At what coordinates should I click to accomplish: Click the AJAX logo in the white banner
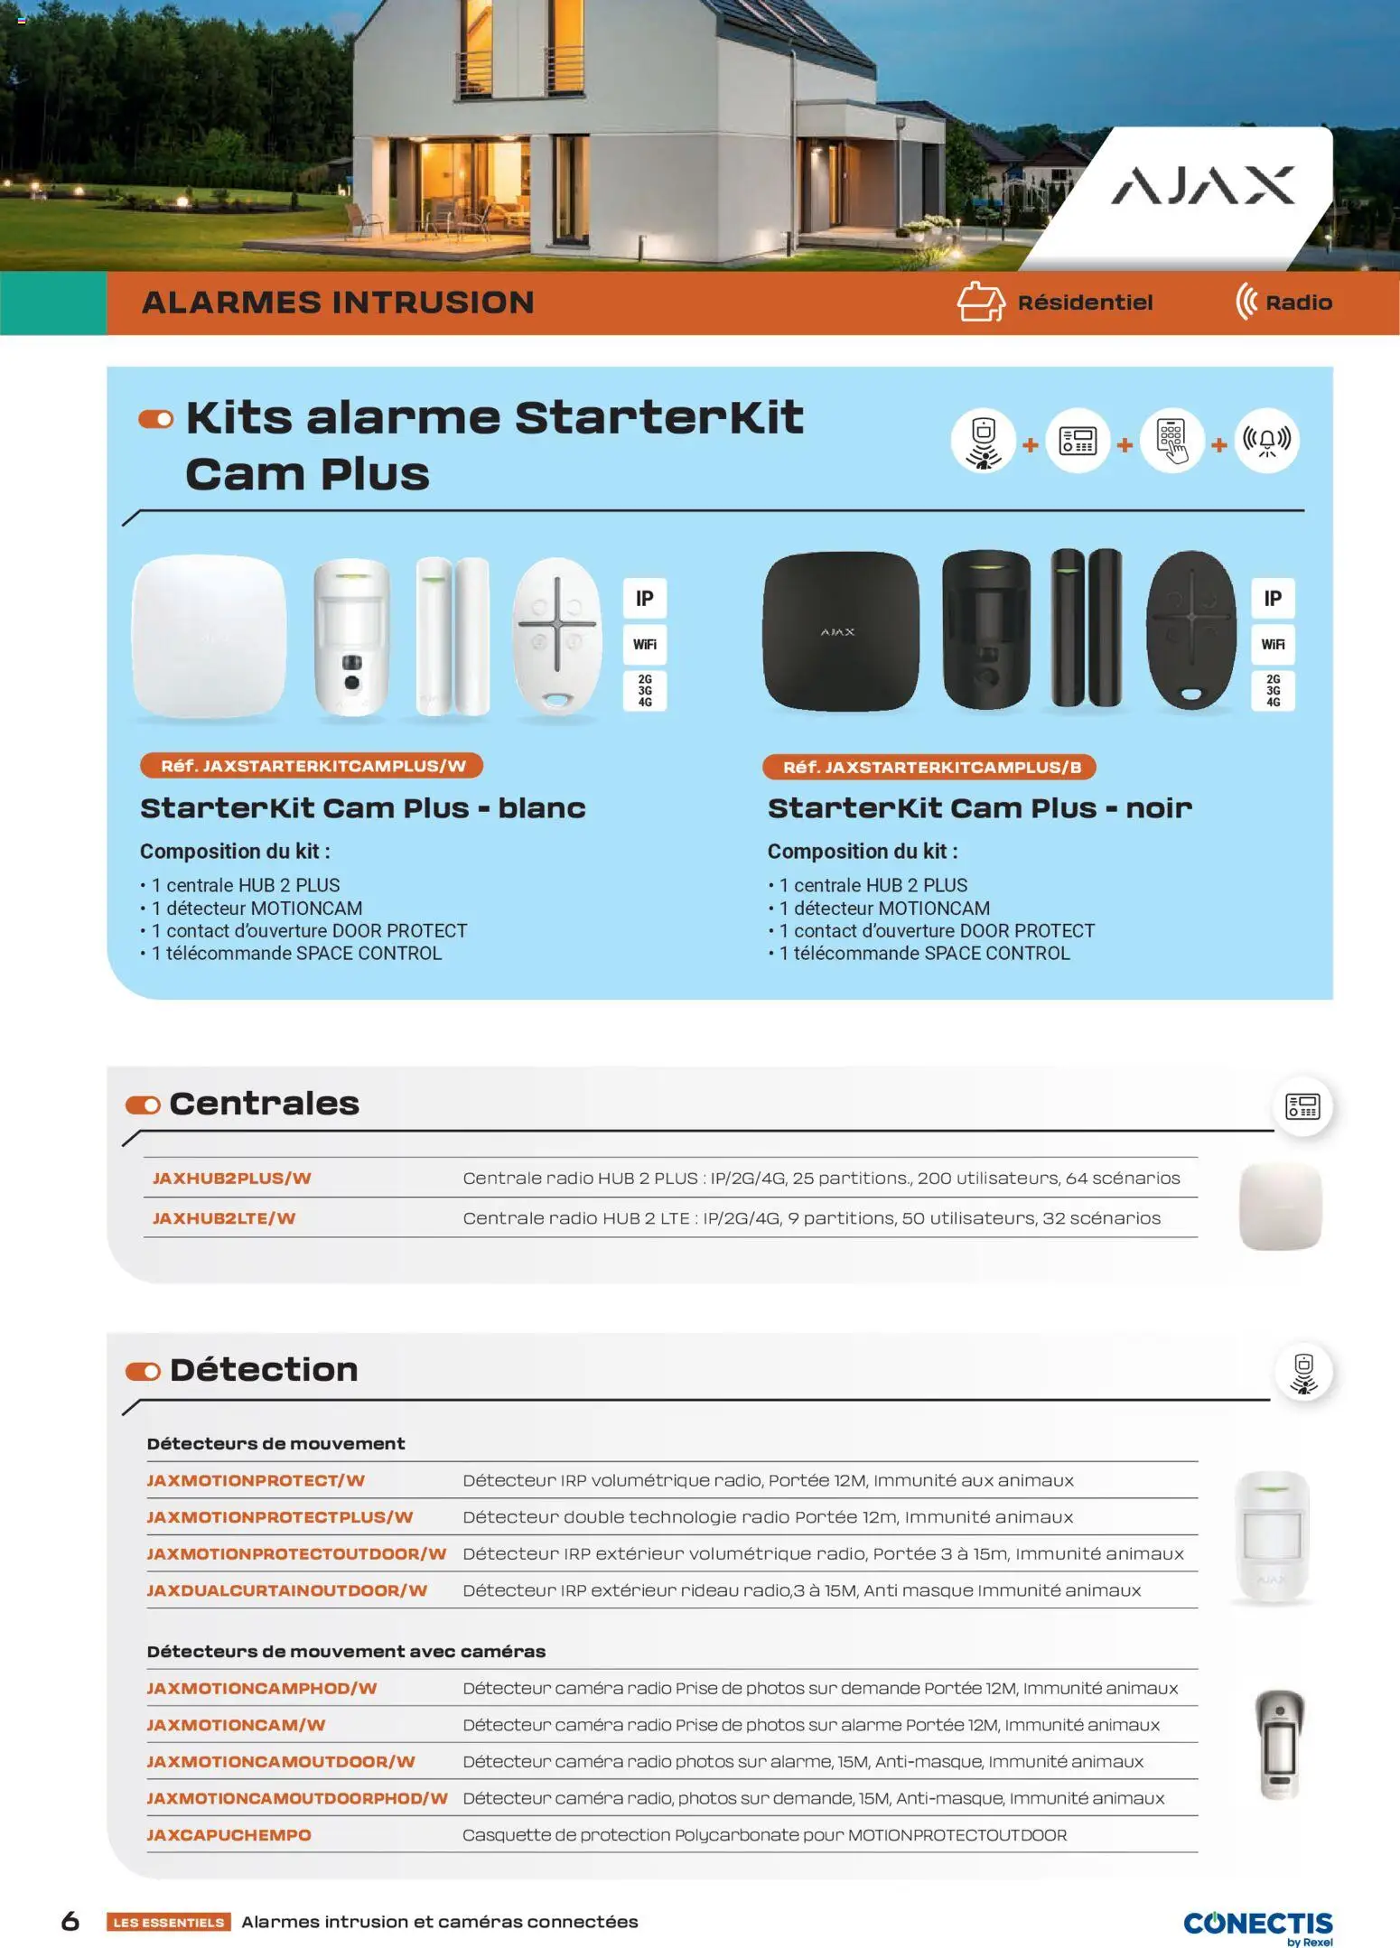coord(1202,185)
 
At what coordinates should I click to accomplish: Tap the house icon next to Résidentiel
coord(980,302)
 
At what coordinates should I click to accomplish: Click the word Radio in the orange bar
coord(1298,303)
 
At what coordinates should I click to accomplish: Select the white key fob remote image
coord(556,635)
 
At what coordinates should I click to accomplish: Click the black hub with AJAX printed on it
coord(840,631)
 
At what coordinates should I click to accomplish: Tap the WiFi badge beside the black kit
coord(1272,644)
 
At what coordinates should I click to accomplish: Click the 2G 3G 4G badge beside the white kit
coord(644,690)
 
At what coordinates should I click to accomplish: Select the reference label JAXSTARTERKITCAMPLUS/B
coord(929,767)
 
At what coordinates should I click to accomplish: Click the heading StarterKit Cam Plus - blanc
coord(362,807)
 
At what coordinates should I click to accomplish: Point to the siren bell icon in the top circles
coord(1266,441)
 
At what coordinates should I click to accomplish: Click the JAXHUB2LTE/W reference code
coord(224,1217)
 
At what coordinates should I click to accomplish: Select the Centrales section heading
coord(264,1103)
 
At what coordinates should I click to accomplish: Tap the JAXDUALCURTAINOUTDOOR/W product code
coord(286,1589)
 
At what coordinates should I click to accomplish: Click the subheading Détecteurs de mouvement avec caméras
coord(346,1651)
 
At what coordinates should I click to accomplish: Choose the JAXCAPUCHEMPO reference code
coord(229,1834)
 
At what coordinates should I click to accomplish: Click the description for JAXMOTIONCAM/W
coord(810,1724)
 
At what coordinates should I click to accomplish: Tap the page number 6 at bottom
coord(70,1921)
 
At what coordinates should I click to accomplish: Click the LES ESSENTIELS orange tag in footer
coord(168,1922)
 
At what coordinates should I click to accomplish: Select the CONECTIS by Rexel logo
coord(1257,1925)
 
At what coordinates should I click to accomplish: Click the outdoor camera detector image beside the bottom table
coord(1279,1744)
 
